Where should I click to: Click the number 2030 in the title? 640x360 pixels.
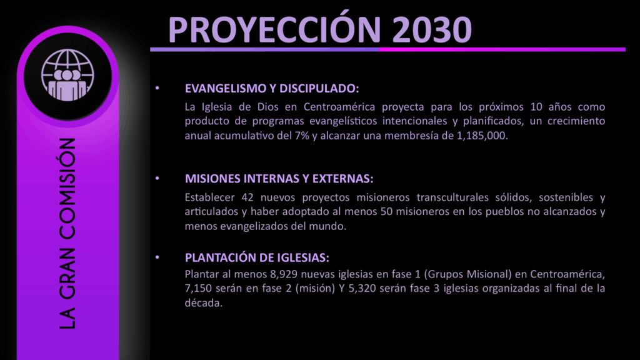(x=432, y=29)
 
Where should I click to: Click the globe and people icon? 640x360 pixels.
(x=67, y=75)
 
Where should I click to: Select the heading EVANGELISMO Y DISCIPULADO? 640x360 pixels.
(x=272, y=88)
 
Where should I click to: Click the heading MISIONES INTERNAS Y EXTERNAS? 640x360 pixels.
(x=279, y=179)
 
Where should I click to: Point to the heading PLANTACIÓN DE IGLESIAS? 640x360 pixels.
(x=257, y=257)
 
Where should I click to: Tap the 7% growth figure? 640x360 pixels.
(x=302, y=136)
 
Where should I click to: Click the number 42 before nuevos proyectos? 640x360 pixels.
(x=247, y=197)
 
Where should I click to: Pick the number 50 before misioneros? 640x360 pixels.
(x=386, y=211)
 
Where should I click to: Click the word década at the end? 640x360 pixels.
(x=204, y=303)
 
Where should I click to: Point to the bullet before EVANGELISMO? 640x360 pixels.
(x=157, y=87)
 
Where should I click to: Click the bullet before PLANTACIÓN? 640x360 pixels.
(x=157, y=257)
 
